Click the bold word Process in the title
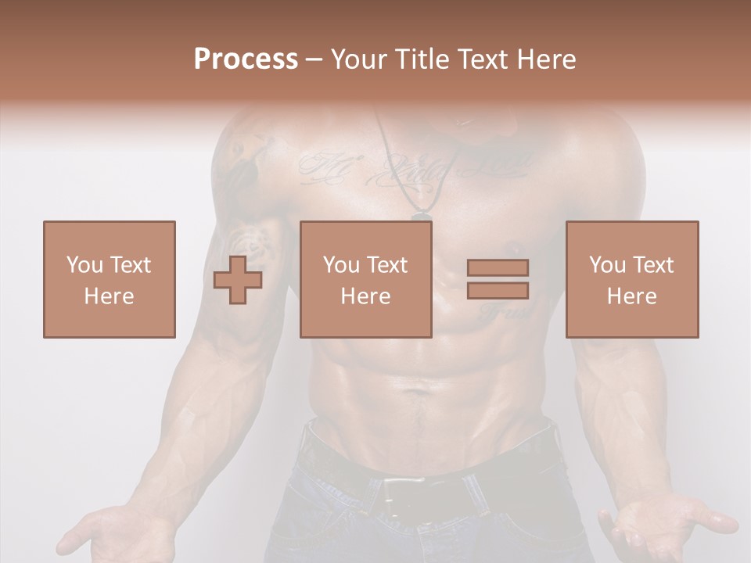pos(246,59)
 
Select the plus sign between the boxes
pos(238,280)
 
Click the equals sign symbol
pos(498,279)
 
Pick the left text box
pos(109,279)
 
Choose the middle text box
pos(365,279)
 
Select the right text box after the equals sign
pos(631,279)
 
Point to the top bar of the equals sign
pos(498,267)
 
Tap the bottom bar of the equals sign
pos(498,290)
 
